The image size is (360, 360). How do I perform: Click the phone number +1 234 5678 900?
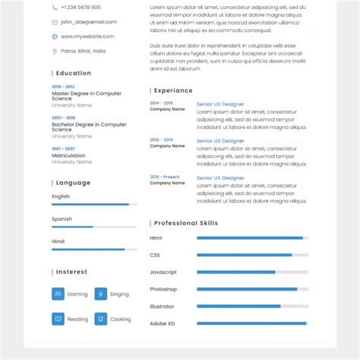coord(80,8)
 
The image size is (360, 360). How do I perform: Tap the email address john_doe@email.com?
coord(85,22)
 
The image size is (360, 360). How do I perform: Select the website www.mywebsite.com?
coord(87,36)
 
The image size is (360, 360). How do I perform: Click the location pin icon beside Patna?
coord(55,51)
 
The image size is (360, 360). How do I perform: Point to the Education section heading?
coord(73,74)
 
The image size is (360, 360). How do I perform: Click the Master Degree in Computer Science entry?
coord(86,96)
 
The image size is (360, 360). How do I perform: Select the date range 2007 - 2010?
coord(63,118)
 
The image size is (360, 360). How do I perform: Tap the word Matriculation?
coord(68,156)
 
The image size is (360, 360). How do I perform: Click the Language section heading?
coord(73,182)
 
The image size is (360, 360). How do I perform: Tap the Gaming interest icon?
coord(58,294)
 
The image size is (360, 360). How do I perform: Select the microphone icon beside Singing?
coord(100,294)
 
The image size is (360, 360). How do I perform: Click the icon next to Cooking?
coord(100,319)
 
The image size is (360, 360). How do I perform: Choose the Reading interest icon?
coord(58,319)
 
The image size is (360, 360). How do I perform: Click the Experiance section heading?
coord(173,90)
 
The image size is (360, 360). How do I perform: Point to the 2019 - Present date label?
coord(165,177)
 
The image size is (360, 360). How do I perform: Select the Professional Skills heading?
coord(185,223)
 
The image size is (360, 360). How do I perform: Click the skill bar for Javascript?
coord(252,272)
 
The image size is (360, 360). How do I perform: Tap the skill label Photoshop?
coord(163,289)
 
